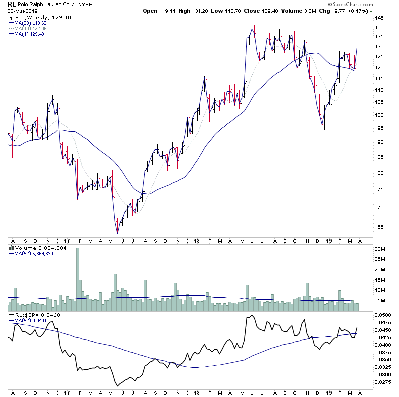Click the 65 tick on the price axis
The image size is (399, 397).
(381, 227)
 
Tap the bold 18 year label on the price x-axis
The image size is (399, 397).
(195, 240)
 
